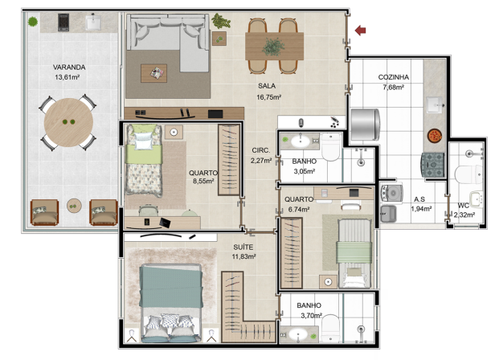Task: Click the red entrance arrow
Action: (x=361, y=31)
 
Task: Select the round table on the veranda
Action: (x=68, y=122)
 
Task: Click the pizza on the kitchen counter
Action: (x=435, y=136)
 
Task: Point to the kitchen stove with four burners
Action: (x=432, y=165)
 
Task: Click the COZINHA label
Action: (x=394, y=77)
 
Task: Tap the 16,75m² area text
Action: (x=268, y=97)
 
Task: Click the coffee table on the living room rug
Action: (x=153, y=73)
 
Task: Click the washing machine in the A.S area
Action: (x=392, y=193)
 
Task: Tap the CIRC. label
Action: (x=260, y=150)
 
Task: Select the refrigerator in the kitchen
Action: (x=366, y=125)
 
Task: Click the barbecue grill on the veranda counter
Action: (x=63, y=22)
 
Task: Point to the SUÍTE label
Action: (x=243, y=247)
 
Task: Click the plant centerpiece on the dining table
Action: (x=273, y=47)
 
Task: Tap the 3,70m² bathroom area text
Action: (x=311, y=315)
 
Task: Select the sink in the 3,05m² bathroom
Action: (x=301, y=141)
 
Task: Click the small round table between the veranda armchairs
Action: (x=74, y=206)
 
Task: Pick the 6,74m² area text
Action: (x=299, y=209)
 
